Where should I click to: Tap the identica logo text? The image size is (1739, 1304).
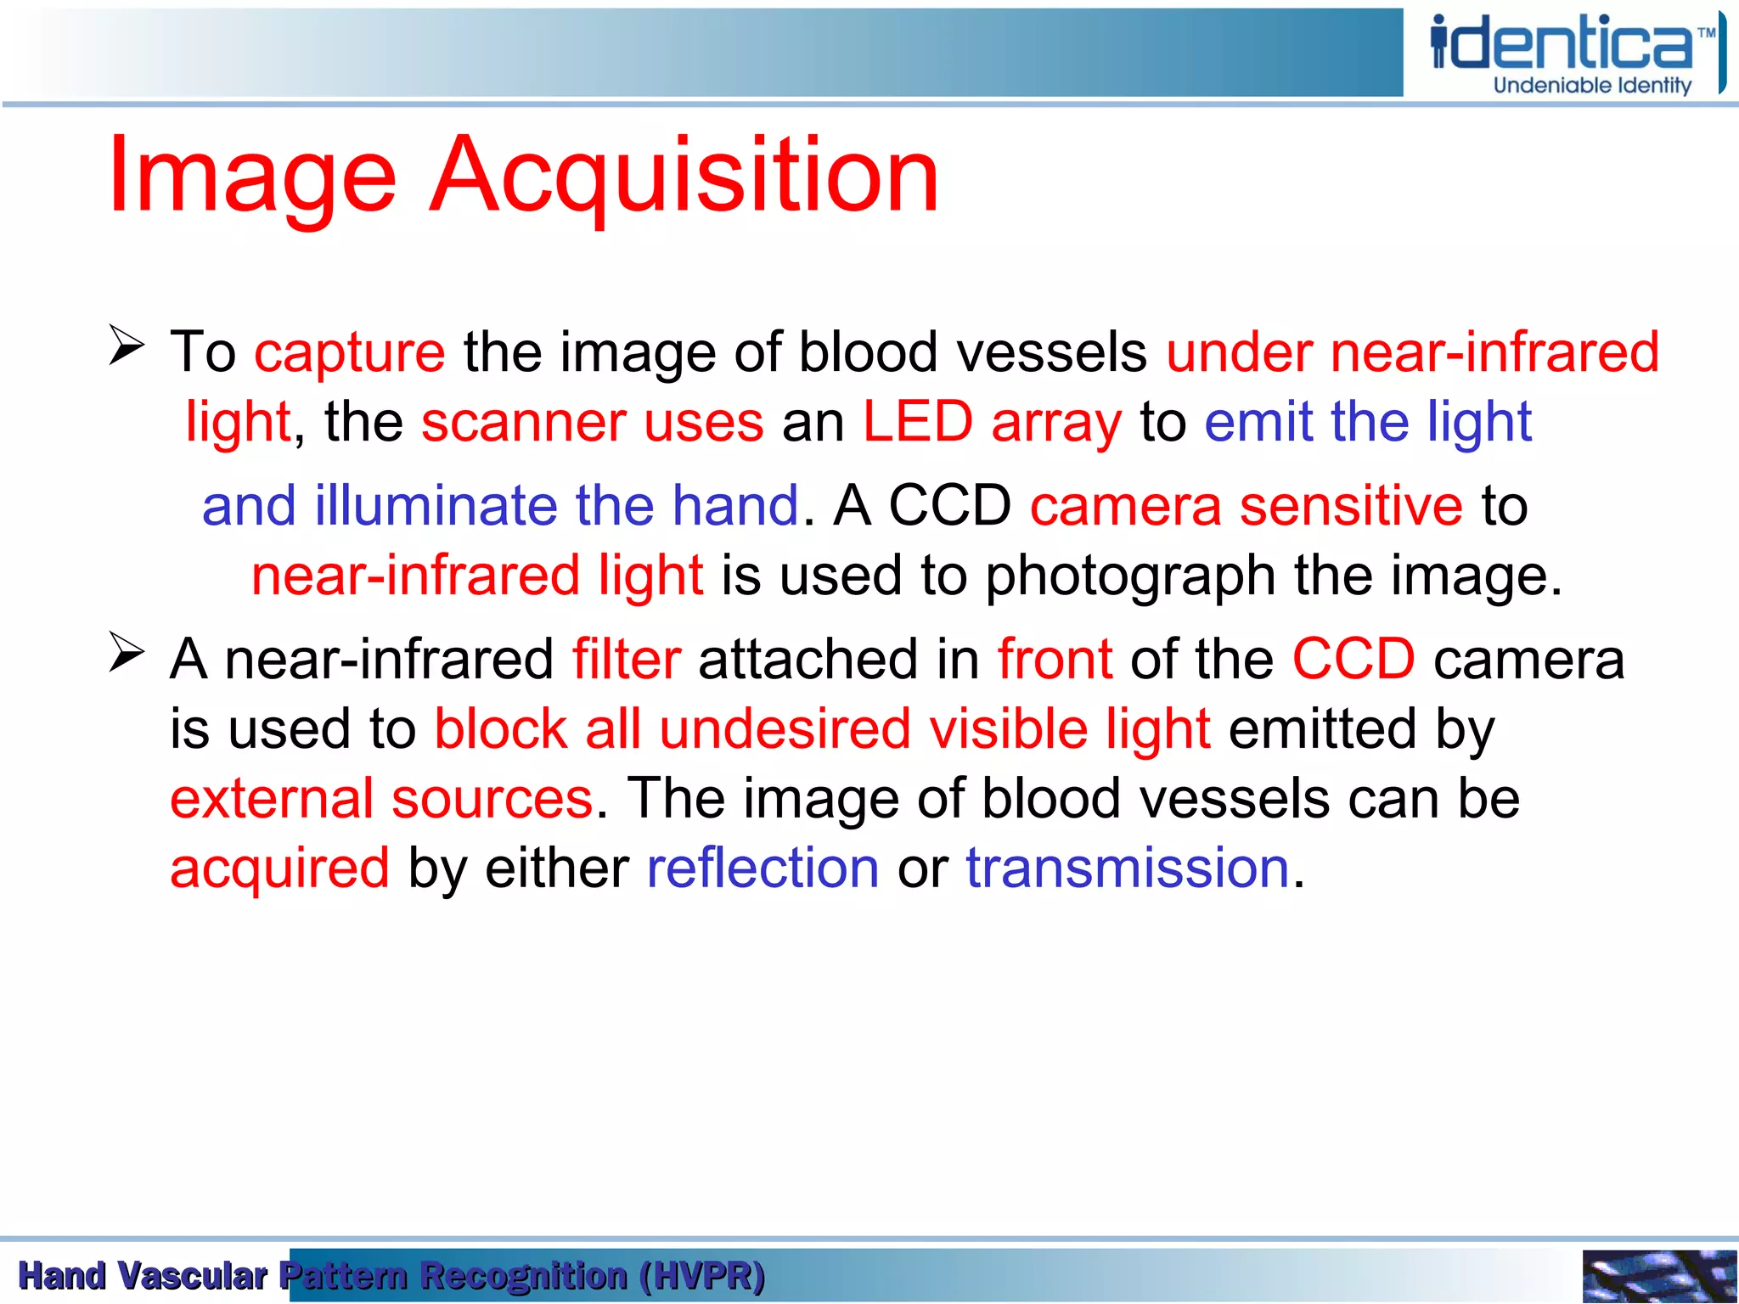coord(1562,44)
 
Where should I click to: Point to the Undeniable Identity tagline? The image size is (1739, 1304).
coord(1592,86)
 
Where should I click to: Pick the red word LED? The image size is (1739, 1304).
coord(918,422)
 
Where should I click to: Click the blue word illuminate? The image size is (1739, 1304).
coord(435,506)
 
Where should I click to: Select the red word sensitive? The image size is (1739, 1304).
coord(1351,506)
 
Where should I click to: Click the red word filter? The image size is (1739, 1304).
coord(627,660)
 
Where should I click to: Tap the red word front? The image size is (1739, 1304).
coord(1055,660)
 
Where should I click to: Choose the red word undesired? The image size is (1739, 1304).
coord(785,729)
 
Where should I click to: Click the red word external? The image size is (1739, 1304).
coord(272,800)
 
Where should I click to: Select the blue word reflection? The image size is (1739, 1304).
coord(763,868)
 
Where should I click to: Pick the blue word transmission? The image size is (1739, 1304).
coord(1128,868)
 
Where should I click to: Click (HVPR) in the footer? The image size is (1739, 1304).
coord(702,1276)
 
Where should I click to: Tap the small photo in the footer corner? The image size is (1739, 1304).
coord(1658,1276)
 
